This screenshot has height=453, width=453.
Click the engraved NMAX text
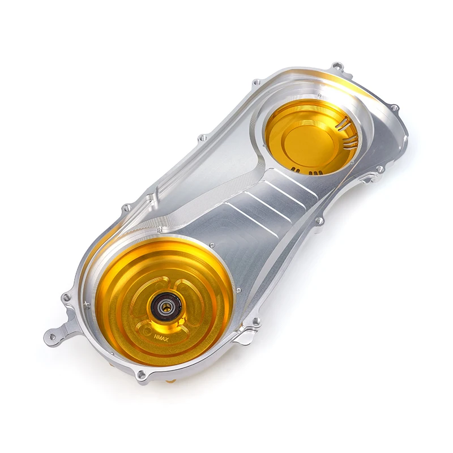pos(161,337)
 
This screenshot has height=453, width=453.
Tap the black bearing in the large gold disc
pos(166,306)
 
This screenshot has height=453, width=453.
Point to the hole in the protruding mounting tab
pos(53,336)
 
